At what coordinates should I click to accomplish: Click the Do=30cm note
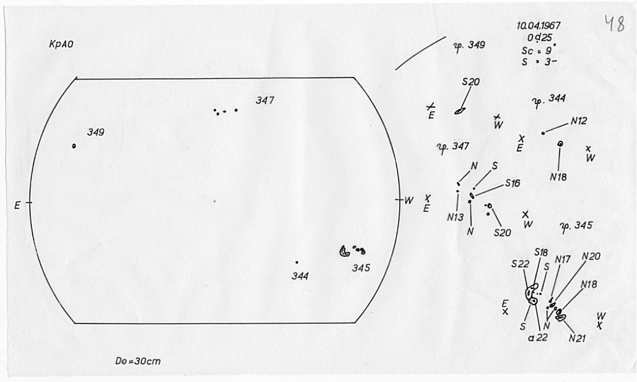(x=138, y=362)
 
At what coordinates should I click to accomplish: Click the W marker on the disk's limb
(x=408, y=200)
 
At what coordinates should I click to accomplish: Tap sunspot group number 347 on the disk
(x=265, y=100)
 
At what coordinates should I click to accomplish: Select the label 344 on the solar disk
(x=300, y=276)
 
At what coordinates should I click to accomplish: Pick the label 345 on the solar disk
(x=361, y=268)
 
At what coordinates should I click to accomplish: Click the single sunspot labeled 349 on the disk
(x=74, y=146)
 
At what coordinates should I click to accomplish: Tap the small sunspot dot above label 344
(x=297, y=262)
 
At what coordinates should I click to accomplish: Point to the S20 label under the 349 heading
(x=470, y=82)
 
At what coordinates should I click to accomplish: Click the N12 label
(x=578, y=121)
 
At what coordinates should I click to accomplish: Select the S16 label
(x=512, y=183)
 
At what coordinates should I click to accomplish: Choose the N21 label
(x=577, y=338)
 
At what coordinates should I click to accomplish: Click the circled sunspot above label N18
(x=560, y=144)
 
